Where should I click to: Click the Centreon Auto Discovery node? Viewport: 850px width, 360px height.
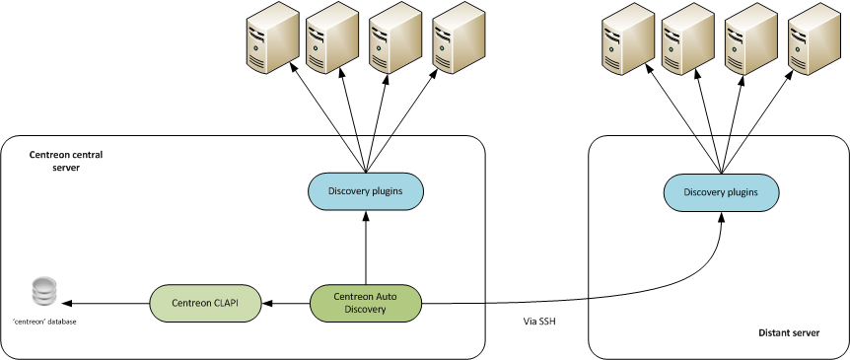point(366,303)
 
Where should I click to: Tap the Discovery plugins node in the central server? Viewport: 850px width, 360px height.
point(366,191)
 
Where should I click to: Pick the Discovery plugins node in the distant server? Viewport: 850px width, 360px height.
point(721,191)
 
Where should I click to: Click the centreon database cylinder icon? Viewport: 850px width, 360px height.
point(45,292)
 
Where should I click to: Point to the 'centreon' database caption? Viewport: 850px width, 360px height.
point(45,322)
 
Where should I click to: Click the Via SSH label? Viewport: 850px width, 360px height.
point(540,321)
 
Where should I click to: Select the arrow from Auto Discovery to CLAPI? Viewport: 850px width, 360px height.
point(286,303)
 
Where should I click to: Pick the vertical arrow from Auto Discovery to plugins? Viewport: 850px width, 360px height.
point(366,247)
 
